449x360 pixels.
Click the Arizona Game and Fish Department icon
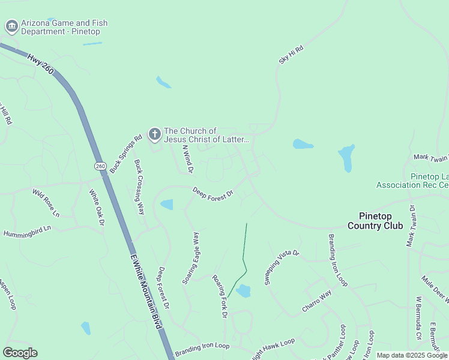(11, 26)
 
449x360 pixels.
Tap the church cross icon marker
(154, 134)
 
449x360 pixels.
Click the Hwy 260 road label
(40, 64)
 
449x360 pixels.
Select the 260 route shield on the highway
(100, 166)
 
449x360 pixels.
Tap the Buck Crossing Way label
(140, 187)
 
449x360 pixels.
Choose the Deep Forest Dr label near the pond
(212, 194)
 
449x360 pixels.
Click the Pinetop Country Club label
(375, 221)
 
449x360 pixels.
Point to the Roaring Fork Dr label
(220, 296)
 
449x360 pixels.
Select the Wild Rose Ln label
(46, 203)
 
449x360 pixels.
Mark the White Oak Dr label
(97, 208)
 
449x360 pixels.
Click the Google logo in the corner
(20, 353)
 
